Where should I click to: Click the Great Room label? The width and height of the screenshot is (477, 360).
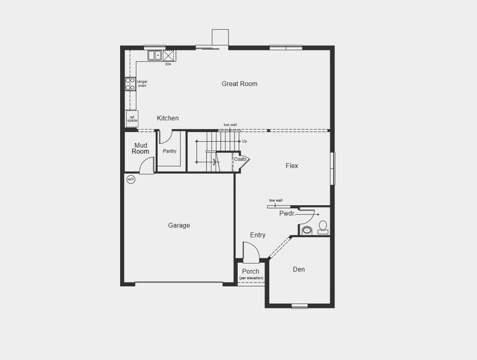tap(239, 84)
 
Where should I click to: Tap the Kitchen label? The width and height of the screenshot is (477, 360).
tap(168, 118)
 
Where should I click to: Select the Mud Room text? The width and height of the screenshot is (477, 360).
tap(140, 148)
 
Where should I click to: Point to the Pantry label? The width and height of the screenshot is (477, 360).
tap(169, 151)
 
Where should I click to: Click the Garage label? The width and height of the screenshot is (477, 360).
tap(179, 226)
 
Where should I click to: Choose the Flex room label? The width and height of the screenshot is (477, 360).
tap(292, 166)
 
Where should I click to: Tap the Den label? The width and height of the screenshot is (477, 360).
tap(299, 269)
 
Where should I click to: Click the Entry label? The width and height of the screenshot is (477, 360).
tap(257, 235)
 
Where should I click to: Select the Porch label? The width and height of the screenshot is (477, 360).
tap(251, 272)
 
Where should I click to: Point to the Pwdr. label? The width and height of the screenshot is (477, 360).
tap(286, 213)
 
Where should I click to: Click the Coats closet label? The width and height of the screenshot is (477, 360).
tap(240, 159)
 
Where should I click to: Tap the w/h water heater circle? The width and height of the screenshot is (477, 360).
tap(131, 179)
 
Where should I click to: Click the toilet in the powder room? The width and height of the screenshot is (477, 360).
tap(323, 226)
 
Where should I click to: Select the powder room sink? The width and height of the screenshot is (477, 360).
tap(306, 230)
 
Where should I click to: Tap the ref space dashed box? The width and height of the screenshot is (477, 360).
tap(132, 119)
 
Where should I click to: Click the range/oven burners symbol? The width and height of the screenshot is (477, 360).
tap(130, 83)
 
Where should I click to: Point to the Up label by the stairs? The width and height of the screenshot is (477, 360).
tap(244, 142)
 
